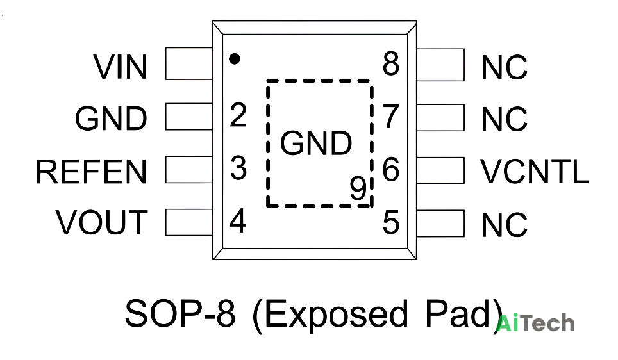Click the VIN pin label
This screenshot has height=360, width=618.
point(121,67)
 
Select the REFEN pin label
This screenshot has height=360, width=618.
point(92,172)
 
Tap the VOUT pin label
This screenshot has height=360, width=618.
point(102,222)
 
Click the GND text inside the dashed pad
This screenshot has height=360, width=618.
point(316,143)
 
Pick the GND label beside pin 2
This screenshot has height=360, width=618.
point(111,118)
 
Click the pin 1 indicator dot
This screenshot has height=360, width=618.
point(235,59)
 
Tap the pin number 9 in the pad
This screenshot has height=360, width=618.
point(358,188)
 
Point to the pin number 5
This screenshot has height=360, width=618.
point(391,222)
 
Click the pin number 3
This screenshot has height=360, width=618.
point(238,168)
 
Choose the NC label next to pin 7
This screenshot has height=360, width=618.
point(505,119)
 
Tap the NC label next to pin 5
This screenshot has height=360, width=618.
point(505,225)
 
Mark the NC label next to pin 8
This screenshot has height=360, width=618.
point(505,67)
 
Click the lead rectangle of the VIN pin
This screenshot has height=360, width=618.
point(189,63)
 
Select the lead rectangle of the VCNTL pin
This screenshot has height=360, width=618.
point(440,170)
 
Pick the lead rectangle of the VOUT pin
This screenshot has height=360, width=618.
point(189,222)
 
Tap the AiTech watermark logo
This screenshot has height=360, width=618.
point(535,323)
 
